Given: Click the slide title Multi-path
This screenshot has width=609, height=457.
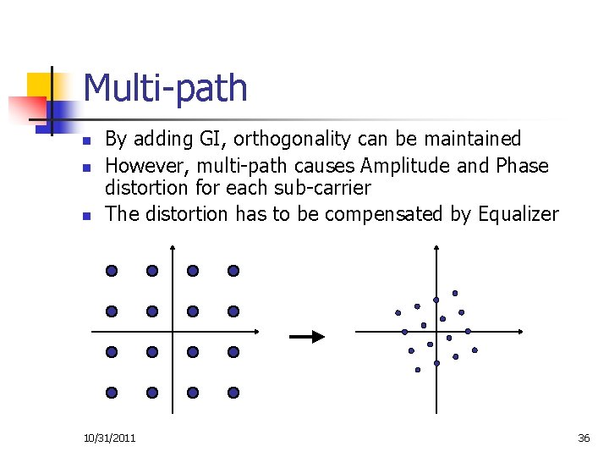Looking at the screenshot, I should [x=166, y=89].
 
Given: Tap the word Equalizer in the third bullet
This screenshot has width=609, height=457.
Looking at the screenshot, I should [x=518, y=214].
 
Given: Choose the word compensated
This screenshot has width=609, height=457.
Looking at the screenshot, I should [x=385, y=214].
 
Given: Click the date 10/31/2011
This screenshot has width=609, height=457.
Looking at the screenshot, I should [x=110, y=438].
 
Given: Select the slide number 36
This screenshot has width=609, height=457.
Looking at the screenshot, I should [x=584, y=438].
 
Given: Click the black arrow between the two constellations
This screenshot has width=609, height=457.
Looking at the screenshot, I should [x=307, y=337].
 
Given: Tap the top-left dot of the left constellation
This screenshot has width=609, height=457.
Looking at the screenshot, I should [x=112, y=271].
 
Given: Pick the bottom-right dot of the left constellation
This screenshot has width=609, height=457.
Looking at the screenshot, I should [x=233, y=393].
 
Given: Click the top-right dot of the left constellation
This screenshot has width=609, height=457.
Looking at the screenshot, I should [x=233, y=271].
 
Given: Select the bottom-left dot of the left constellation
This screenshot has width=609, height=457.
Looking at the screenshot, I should [x=112, y=393].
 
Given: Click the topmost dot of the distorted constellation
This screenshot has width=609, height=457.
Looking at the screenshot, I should [x=455, y=294].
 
